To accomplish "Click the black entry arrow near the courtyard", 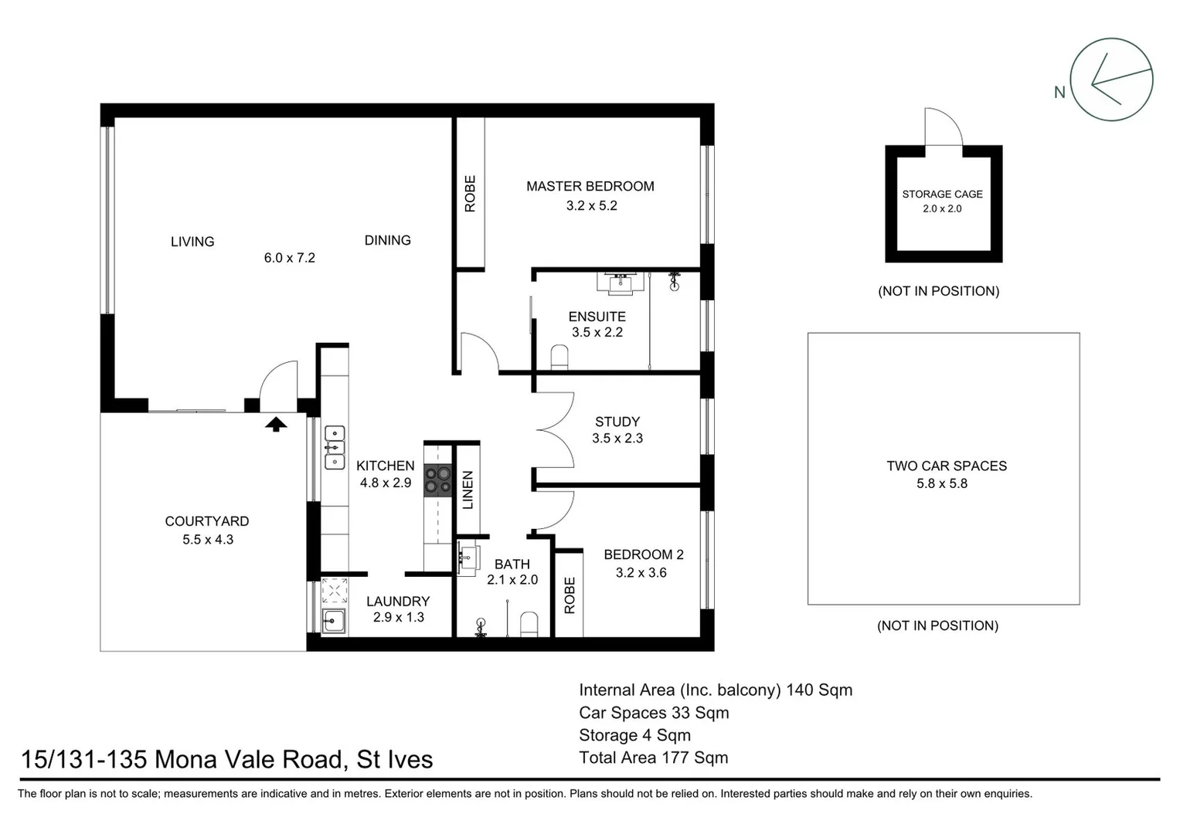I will pyautogui.click(x=276, y=423).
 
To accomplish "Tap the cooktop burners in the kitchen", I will pyautogui.click(x=437, y=481).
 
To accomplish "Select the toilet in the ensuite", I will pyautogui.click(x=559, y=357).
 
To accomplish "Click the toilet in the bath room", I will pyautogui.click(x=529, y=623).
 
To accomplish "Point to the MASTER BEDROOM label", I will pyautogui.click(x=590, y=186).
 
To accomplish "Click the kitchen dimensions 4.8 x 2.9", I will pyautogui.click(x=385, y=483).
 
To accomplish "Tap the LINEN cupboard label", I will pyautogui.click(x=468, y=490).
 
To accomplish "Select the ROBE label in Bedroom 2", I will pyautogui.click(x=570, y=595).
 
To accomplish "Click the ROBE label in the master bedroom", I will pyautogui.click(x=470, y=194).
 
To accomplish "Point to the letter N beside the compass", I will pyautogui.click(x=1059, y=93).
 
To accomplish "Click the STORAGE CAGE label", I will pyautogui.click(x=942, y=194).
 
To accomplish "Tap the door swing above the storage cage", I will pyautogui.click(x=944, y=127).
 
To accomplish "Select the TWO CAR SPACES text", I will pyautogui.click(x=946, y=466).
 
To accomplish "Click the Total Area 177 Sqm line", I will pyautogui.click(x=653, y=758).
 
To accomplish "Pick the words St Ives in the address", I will pyautogui.click(x=394, y=759).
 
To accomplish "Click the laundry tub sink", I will pyautogui.click(x=334, y=619).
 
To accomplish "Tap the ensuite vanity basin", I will pyautogui.click(x=620, y=283).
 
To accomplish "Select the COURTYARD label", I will pyautogui.click(x=206, y=521).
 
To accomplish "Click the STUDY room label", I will pyautogui.click(x=617, y=422).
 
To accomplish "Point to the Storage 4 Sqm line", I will pyautogui.click(x=634, y=735).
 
